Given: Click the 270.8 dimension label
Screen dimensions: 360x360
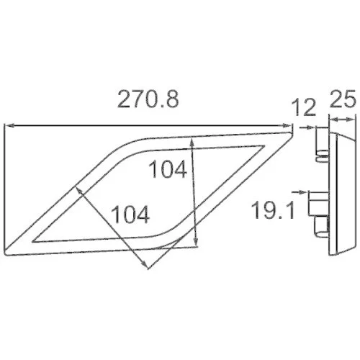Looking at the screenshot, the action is click(x=148, y=99).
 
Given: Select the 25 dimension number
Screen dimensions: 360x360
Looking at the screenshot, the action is click(x=343, y=99).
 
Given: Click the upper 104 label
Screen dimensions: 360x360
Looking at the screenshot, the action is click(x=168, y=169).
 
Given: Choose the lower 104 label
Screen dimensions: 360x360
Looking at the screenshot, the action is click(x=130, y=215).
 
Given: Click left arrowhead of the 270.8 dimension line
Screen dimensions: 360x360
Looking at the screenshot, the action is click(x=9, y=125).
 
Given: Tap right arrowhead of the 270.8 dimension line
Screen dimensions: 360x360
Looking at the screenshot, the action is click(x=287, y=125).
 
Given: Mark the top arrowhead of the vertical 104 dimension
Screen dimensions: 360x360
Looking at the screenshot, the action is click(x=192, y=143).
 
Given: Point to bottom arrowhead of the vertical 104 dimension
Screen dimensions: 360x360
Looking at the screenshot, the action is click(x=196, y=242).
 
